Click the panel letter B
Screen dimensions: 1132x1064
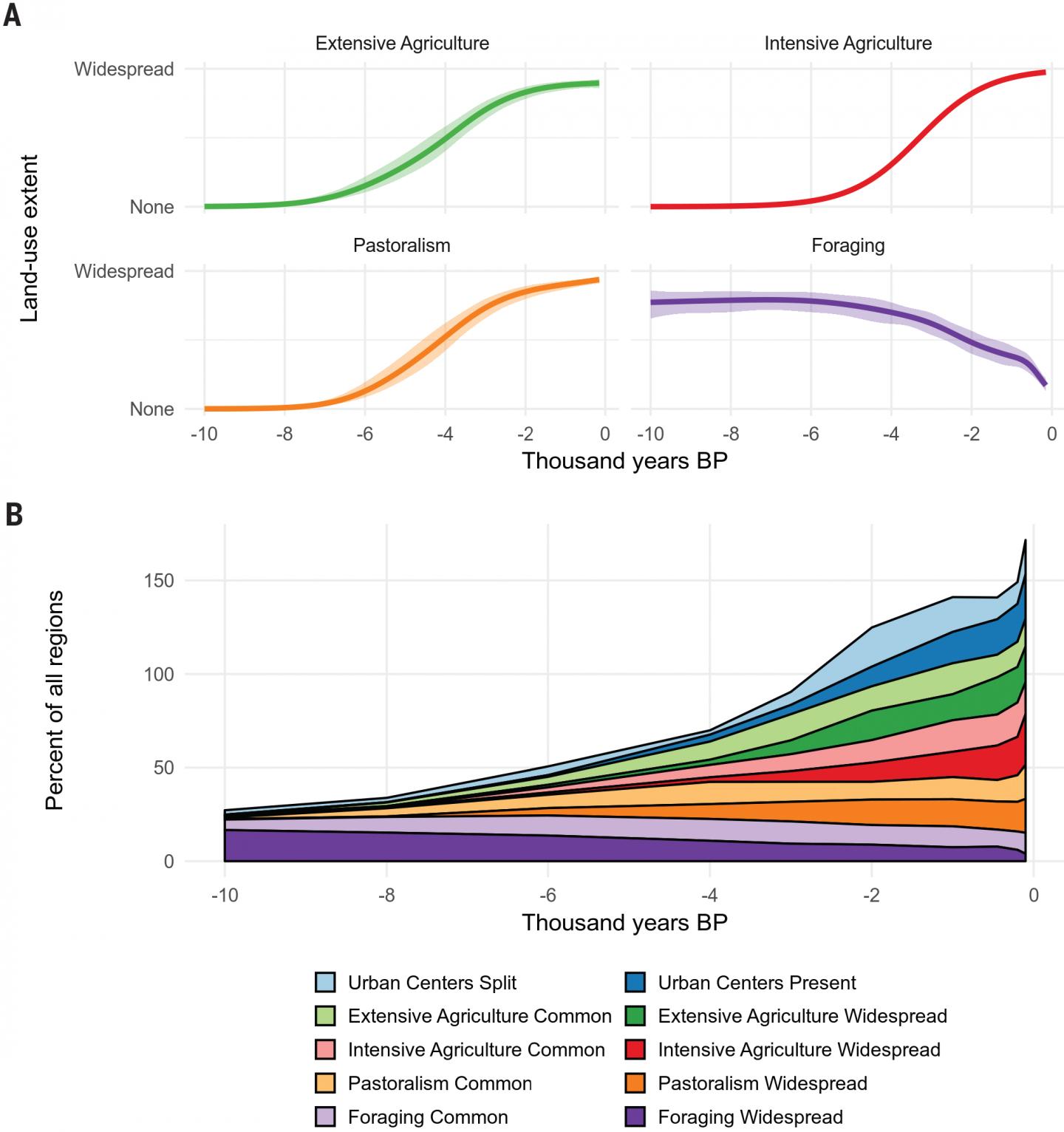(13, 514)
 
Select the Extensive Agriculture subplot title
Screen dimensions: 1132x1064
(402, 44)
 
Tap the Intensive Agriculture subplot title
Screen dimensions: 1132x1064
(848, 44)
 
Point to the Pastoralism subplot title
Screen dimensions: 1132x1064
(401, 245)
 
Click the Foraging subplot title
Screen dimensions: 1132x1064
(848, 245)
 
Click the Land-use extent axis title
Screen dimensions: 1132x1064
(30, 238)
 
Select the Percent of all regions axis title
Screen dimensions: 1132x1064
(55, 700)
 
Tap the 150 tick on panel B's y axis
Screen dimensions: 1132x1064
(159, 581)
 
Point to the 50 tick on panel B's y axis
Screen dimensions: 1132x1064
(164, 768)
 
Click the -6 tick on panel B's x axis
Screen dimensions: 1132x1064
(548, 896)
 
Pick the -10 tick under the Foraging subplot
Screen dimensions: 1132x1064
(650, 434)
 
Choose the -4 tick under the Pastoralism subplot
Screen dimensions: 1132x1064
(445, 434)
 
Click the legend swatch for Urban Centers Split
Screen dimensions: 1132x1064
(325, 982)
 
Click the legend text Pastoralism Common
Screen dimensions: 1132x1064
(440, 1083)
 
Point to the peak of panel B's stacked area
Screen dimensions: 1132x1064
(1025, 541)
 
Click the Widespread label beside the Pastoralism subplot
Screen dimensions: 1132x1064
(124, 271)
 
